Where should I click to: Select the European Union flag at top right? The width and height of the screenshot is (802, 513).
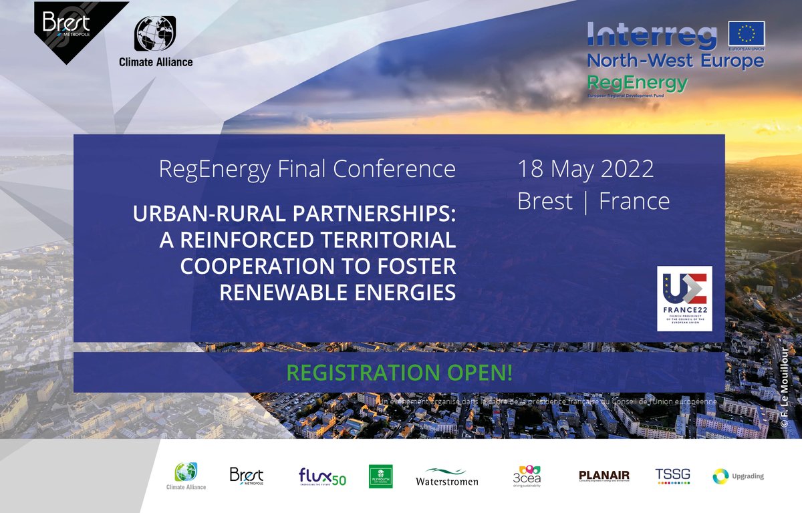(747, 34)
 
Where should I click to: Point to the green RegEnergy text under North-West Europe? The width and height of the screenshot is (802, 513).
(636, 83)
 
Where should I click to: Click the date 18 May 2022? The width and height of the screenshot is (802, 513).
(585, 169)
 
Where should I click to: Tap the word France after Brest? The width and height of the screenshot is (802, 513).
(634, 200)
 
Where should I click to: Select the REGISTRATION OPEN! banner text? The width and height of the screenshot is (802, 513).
(398, 373)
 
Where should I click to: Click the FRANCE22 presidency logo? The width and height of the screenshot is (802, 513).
(684, 298)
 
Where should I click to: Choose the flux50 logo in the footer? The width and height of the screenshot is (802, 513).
(322, 476)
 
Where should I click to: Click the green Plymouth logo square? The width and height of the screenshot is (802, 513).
(381, 476)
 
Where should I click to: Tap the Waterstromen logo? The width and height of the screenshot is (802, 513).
(446, 476)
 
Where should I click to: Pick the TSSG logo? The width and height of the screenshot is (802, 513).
(672, 476)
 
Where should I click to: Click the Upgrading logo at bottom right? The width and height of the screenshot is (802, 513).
(738, 476)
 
